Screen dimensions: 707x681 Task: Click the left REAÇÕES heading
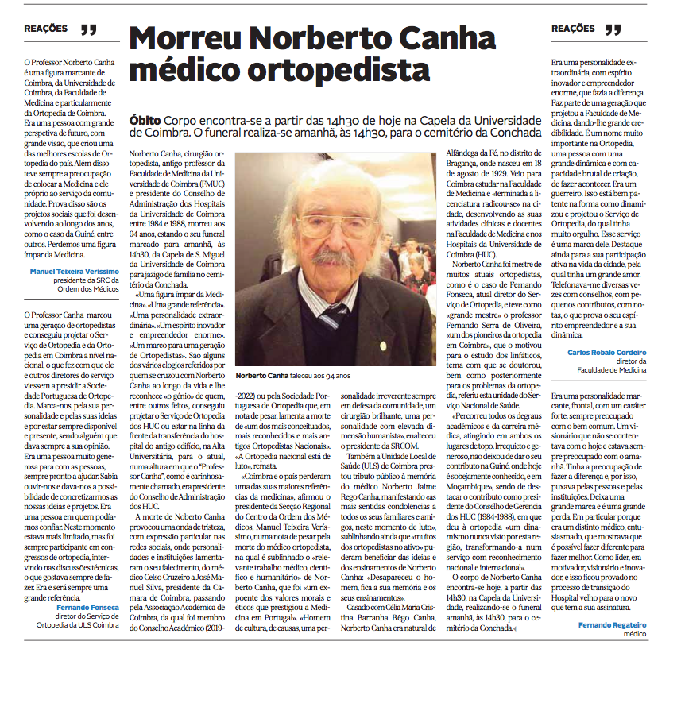point(46,29)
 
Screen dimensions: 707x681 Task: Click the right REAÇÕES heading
point(574,29)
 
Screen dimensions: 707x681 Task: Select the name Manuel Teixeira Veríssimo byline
point(74,271)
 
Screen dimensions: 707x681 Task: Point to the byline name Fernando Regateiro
point(613,625)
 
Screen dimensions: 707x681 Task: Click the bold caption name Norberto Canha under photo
point(266,374)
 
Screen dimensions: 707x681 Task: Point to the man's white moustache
point(333,257)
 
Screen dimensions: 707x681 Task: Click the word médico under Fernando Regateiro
point(634,634)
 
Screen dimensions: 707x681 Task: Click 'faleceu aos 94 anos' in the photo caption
point(328,374)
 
